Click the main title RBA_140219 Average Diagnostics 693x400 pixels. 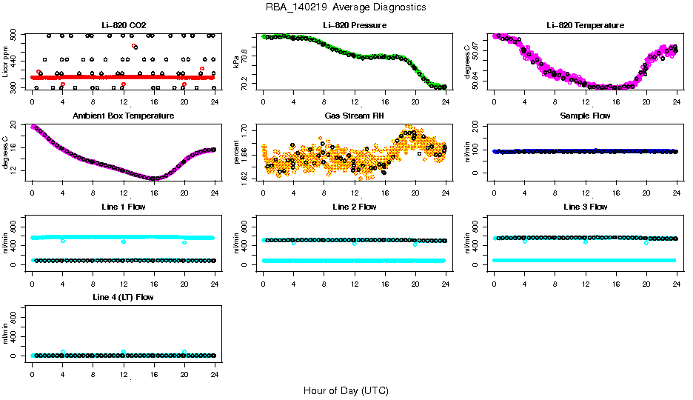[x=346, y=7]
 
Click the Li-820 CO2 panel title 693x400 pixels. [x=123, y=25]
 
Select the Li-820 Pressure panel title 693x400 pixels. [x=354, y=25]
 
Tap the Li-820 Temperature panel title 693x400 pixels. [x=585, y=25]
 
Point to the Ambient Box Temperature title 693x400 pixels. [x=123, y=116]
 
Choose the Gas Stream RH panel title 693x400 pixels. [x=354, y=116]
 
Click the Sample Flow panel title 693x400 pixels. [x=585, y=116]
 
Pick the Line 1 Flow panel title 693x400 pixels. [x=123, y=207]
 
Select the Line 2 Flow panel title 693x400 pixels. [x=354, y=207]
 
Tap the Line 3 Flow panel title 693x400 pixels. [x=585, y=207]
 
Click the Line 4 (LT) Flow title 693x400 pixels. [x=123, y=297]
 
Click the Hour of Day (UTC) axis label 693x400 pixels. [x=346, y=390]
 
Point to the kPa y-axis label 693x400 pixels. [x=236, y=61]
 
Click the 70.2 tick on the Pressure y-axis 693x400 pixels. [x=245, y=86]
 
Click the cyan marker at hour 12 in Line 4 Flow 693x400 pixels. [x=124, y=352]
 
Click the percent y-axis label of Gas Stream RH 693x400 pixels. [x=236, y=153]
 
